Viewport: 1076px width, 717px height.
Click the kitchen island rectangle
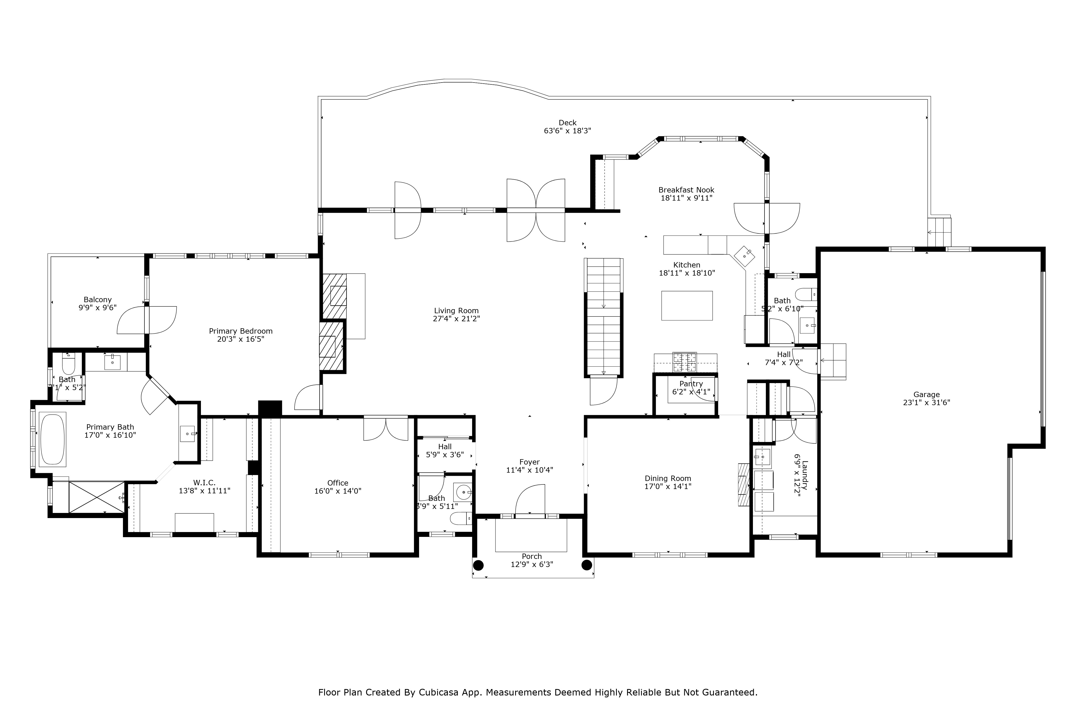point(687,305)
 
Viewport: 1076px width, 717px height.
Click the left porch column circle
point(478,565)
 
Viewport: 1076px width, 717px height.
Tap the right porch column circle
point(586,565)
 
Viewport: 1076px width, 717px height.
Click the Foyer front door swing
point(531,500)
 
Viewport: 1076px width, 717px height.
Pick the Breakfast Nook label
point(686,190)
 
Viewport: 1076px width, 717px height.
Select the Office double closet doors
point(386,429)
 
